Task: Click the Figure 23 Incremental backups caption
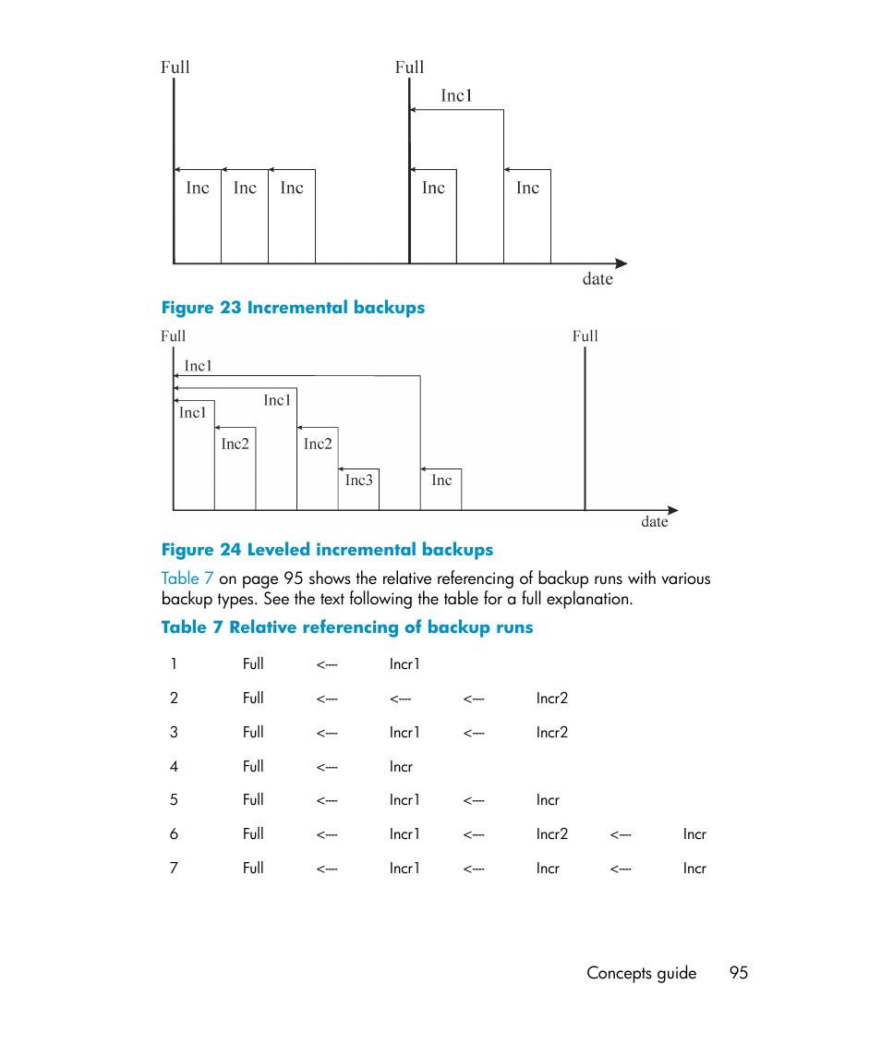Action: [293, 308]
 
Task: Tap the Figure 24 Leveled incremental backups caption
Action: [327, 550]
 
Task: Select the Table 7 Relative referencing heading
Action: [347, 627]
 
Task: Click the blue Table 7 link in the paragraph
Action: [187, 578]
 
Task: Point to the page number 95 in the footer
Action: [738, 973]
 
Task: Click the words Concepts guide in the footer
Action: [641, 973]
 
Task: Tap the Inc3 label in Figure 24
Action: [359, 480]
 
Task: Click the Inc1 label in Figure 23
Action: [456, 95]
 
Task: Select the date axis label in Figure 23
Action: [597, 279]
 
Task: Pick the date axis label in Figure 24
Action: [654, 522]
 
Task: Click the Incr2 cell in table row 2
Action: [552, 699]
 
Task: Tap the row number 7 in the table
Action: [174, 869]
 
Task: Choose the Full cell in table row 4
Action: [253, 766]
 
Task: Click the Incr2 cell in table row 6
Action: [552, 834]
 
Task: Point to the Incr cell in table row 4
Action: [401, 767]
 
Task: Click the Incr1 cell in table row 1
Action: [404, 664]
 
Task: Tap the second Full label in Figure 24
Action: [585, 336]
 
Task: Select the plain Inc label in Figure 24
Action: [441, 480]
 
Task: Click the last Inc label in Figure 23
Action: [527, 188]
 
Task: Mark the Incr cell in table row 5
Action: [548, 801]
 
